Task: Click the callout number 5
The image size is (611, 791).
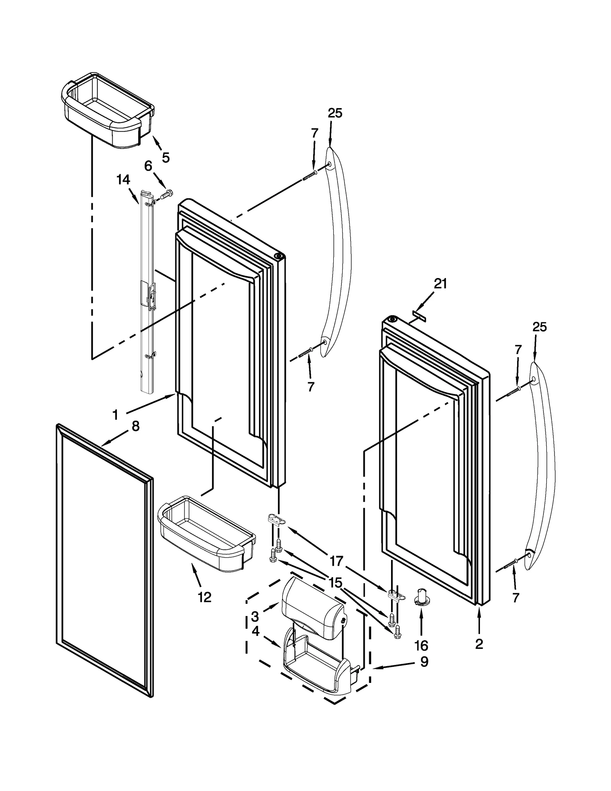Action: coord(165,157)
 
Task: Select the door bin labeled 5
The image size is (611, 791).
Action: coord(108,111)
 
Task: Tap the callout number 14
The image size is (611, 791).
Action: coord(123,180)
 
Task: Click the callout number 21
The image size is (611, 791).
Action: coord(440,284)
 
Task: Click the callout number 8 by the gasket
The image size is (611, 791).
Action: coord(135,426)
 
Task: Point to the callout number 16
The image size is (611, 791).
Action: coord(421,645)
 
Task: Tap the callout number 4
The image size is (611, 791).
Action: coord(255,631)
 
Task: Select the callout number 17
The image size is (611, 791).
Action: coord(336,561)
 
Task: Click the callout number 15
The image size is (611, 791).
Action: coord(335,582)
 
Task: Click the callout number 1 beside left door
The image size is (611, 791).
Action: coord(115,414)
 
